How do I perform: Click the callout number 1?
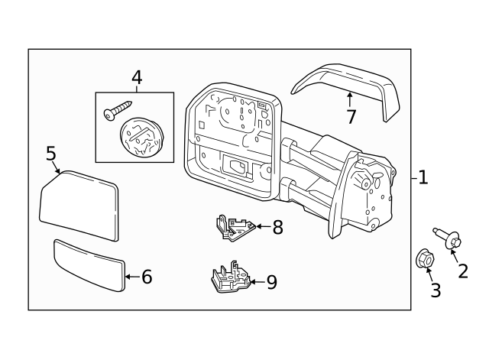coord(423,178)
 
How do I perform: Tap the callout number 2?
coord(462,270)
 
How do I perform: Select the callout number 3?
coord(436,290)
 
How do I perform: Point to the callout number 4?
coord(137,77)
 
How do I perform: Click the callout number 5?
coord(51,154)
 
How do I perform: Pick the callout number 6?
coord(147,277)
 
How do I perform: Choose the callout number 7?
coord(351,117)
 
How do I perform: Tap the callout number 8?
coord(277,226)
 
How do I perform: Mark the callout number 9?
coord(271,282)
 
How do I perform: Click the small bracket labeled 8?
coord(235,227)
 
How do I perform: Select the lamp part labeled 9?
coord(228,279)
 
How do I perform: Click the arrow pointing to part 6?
coord(131,277)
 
